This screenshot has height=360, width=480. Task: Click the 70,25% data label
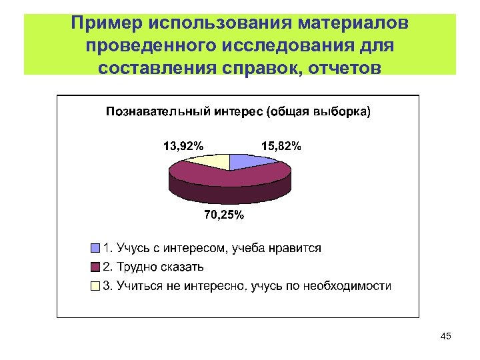click(x=223, y=215)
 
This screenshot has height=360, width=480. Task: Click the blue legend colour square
click(x=95, y=248)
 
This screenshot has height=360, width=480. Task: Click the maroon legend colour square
click(x=95, y=267)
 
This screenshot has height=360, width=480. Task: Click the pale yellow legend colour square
click(x=95, y=286)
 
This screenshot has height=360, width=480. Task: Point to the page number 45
click(x=446, y=337)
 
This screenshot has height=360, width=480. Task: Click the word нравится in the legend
click(x=295, y=248)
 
